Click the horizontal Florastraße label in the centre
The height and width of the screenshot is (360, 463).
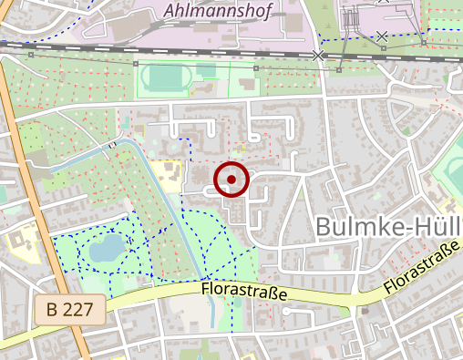(x=242, y=293)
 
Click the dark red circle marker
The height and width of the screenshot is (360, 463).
(x=231, y=180)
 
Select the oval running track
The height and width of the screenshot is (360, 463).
(x=166, y=78)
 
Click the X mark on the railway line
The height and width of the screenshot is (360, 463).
(x=318, y=56)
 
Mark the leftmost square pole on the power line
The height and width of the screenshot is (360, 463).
(x=30, y=55)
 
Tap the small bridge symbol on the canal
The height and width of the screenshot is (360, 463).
(x=112, y=144)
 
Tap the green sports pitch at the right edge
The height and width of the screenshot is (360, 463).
(x=450, y=173)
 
